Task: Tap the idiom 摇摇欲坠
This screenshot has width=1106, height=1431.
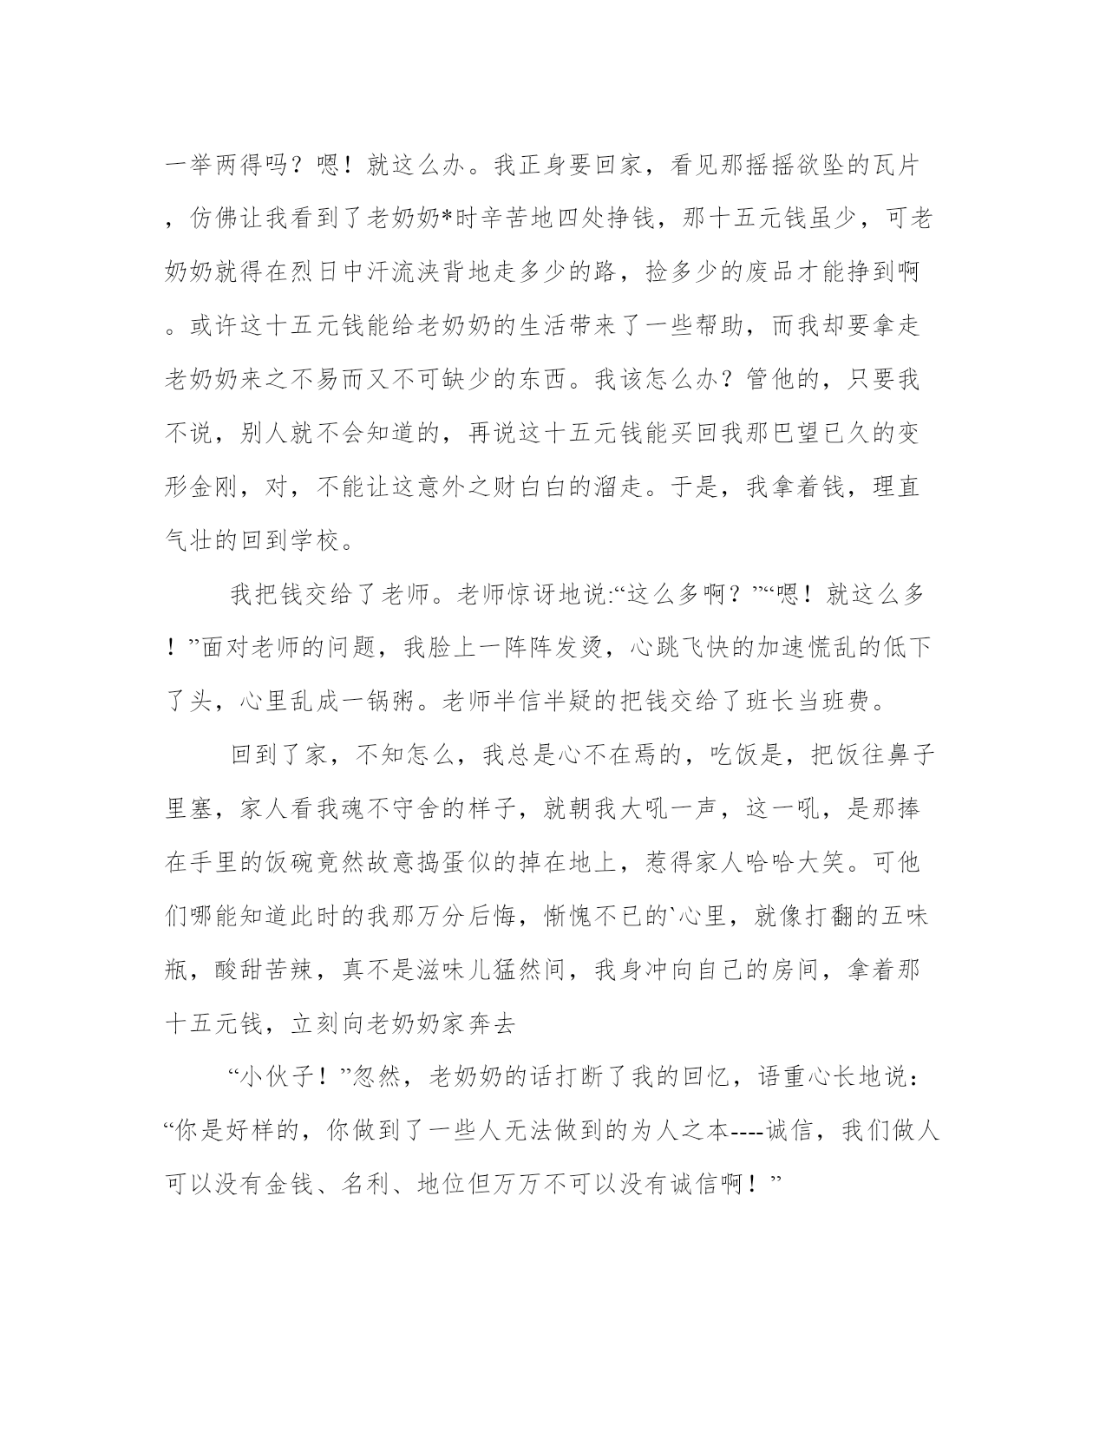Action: pos(794,166)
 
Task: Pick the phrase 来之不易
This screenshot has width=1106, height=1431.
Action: pos(311,381)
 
